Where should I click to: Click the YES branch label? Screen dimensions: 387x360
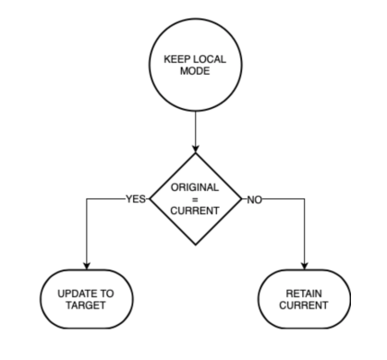pos(136,199)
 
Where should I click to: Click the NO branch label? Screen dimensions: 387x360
pos(255,200)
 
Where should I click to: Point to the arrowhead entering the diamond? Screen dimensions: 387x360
pos(195,148)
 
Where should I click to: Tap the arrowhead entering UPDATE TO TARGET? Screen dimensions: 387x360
pos(86,265)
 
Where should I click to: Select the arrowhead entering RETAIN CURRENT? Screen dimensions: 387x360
pos(305,265)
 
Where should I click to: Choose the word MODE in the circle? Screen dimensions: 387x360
pos(194,71)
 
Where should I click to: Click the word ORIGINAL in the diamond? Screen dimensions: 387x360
pos(195,187)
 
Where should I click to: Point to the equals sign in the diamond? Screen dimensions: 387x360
pos(195,200)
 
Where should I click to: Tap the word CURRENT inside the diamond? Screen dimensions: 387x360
pos(195,211)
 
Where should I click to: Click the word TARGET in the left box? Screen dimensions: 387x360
pos(85,305)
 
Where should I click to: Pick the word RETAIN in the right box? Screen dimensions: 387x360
pos(304,293)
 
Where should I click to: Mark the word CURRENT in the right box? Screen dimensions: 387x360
pos(303,305)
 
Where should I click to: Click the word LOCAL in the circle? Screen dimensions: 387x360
pos(210,59)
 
